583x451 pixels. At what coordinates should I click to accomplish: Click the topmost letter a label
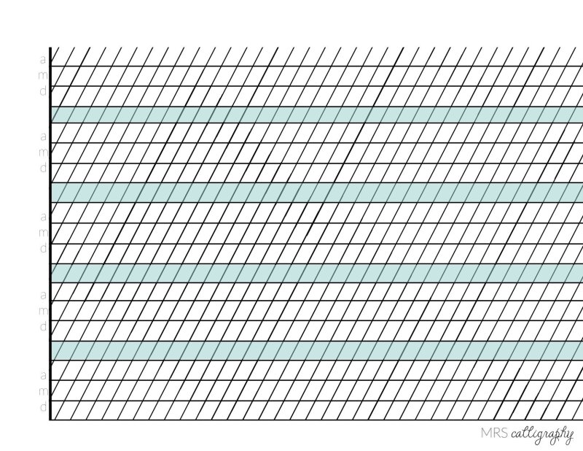tap(44, 57)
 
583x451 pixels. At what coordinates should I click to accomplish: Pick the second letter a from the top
tap(44, 136)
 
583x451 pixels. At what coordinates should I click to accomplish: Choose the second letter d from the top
tap(44, 169)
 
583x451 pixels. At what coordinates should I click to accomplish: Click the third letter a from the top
tap(44, 217)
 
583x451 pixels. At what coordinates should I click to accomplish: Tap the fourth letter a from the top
tap(44, 296)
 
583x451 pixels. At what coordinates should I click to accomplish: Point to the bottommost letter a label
tap(44, 375)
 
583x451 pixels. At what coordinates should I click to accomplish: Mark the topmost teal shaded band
tap(317, 115)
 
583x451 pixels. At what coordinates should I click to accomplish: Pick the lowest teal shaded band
tap(317, 350)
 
